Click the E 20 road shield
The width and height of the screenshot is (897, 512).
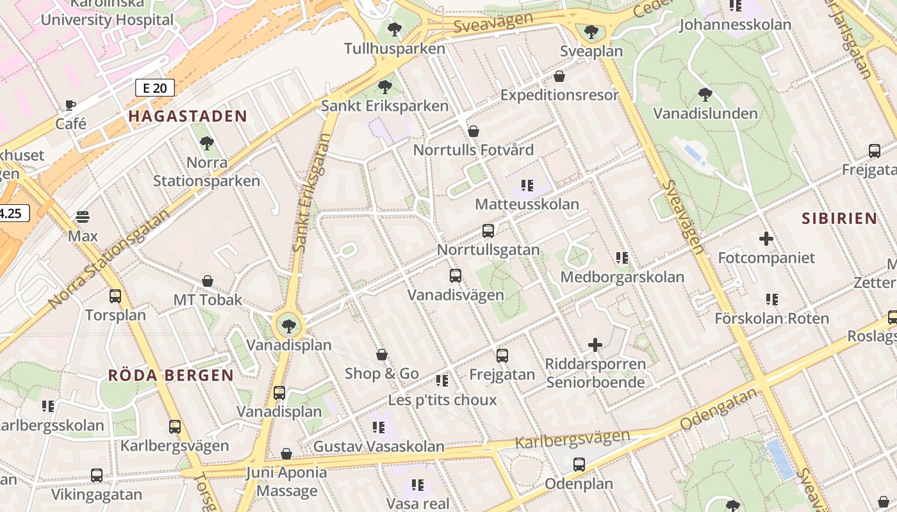(155, 88)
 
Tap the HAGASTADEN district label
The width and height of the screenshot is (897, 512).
(187, 116)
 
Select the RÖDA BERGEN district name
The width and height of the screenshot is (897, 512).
(170, 375)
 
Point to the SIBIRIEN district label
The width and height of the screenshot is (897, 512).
(839, 218)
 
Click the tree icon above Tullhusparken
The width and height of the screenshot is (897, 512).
(395, 29)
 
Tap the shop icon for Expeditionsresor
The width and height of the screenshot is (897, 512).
(559, 76)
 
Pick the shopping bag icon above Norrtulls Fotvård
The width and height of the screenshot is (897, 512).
(473, 131)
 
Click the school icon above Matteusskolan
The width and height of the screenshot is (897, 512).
(527, 186)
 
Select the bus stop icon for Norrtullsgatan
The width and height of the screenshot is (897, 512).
(488, 231)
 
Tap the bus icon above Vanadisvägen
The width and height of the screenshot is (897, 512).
(456, 276)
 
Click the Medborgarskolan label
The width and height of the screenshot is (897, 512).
(622, 277)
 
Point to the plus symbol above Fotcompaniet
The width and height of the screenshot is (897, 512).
(766, 239)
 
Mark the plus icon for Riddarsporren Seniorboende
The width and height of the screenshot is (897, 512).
(595, 345)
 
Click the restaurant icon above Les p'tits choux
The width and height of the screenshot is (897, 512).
(442, 381)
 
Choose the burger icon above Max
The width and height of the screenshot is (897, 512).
(83, 217)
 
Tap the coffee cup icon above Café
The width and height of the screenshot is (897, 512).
(70, 105)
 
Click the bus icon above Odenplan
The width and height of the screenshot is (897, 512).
(579, 465)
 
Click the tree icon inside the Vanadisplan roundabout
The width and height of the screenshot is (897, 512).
(289, 326)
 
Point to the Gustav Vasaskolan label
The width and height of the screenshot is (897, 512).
(378, 447)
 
